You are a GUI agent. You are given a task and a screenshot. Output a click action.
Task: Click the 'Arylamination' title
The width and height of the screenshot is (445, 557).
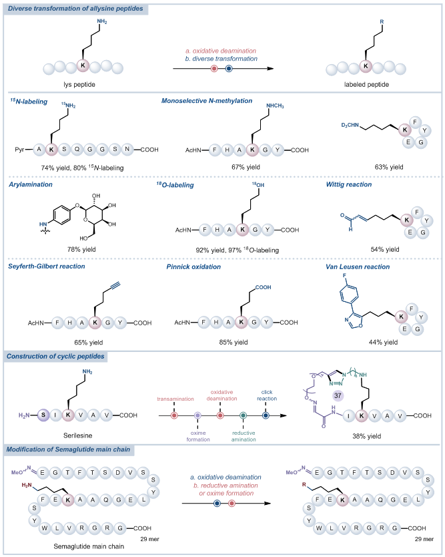(30, 184)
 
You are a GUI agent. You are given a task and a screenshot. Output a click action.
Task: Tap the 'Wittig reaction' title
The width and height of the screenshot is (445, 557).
(352, 184)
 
